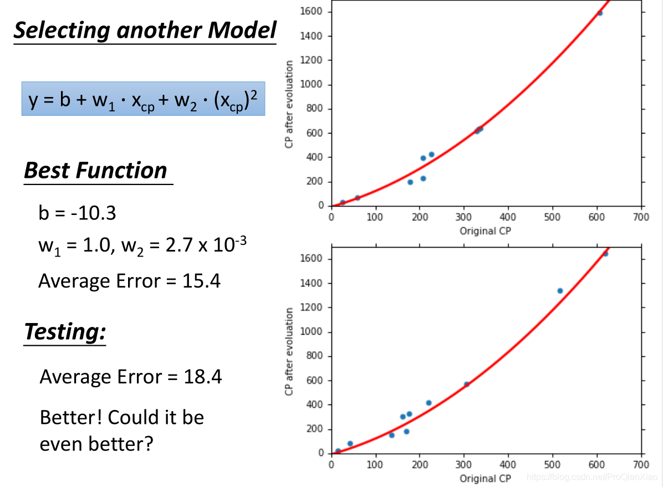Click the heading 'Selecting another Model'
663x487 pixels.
coord(144,30)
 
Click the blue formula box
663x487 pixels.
coord(143,100)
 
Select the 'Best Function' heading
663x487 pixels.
coord(95,171)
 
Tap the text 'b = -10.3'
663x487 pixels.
coord(77,213)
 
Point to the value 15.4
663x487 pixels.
coord(201,281)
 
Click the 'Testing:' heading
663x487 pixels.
coord(65,331)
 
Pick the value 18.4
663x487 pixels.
coord(202,377)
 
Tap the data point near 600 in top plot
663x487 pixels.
coord(600,13)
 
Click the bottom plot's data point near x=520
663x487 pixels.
coord(560,291)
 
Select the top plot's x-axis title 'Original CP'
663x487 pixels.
coord(485,231)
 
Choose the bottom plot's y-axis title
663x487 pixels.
coord(289,352)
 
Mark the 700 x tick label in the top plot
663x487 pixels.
coord(641,216)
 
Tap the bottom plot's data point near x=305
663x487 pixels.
coord(467,384)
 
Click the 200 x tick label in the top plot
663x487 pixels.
coord(420,216)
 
